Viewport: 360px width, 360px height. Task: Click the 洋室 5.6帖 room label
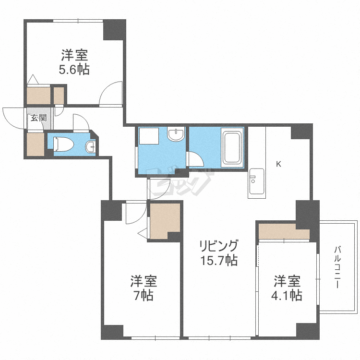74,62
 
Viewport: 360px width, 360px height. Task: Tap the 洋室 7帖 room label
144,288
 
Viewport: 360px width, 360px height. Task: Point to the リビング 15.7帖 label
219,252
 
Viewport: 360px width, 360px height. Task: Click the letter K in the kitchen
278,164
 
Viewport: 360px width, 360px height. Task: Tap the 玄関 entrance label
39,118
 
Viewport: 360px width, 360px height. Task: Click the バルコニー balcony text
337,267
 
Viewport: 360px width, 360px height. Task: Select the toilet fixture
63,144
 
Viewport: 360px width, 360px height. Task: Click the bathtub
232,148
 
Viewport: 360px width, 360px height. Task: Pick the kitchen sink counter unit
257,183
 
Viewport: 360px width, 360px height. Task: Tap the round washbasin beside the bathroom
176,133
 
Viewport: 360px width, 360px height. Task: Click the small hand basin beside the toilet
91,147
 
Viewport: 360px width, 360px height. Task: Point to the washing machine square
149,136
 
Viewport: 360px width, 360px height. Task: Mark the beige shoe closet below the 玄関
36,144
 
